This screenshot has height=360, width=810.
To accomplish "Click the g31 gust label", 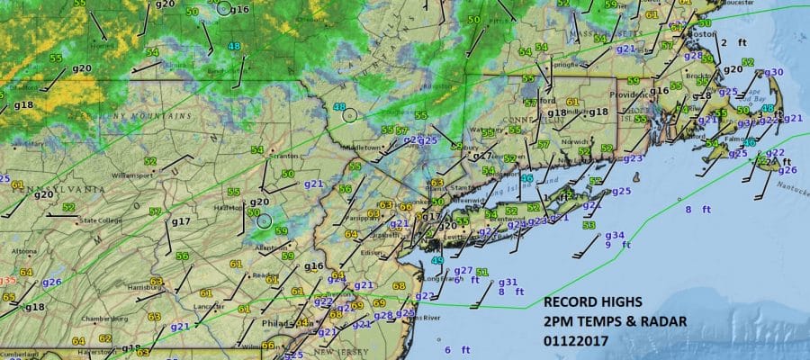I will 508,283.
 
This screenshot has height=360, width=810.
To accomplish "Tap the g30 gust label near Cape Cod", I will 774,72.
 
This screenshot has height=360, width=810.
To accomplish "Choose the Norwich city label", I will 570,141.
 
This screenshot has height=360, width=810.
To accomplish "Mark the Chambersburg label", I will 103,319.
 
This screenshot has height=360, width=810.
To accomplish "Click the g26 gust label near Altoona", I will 51,282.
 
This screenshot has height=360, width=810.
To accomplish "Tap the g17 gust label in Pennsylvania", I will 180,221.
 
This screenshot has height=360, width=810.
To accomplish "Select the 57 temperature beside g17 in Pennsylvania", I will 156,212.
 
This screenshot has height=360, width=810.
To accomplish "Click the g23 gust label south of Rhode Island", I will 633,158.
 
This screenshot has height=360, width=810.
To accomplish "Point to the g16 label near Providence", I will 661,91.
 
